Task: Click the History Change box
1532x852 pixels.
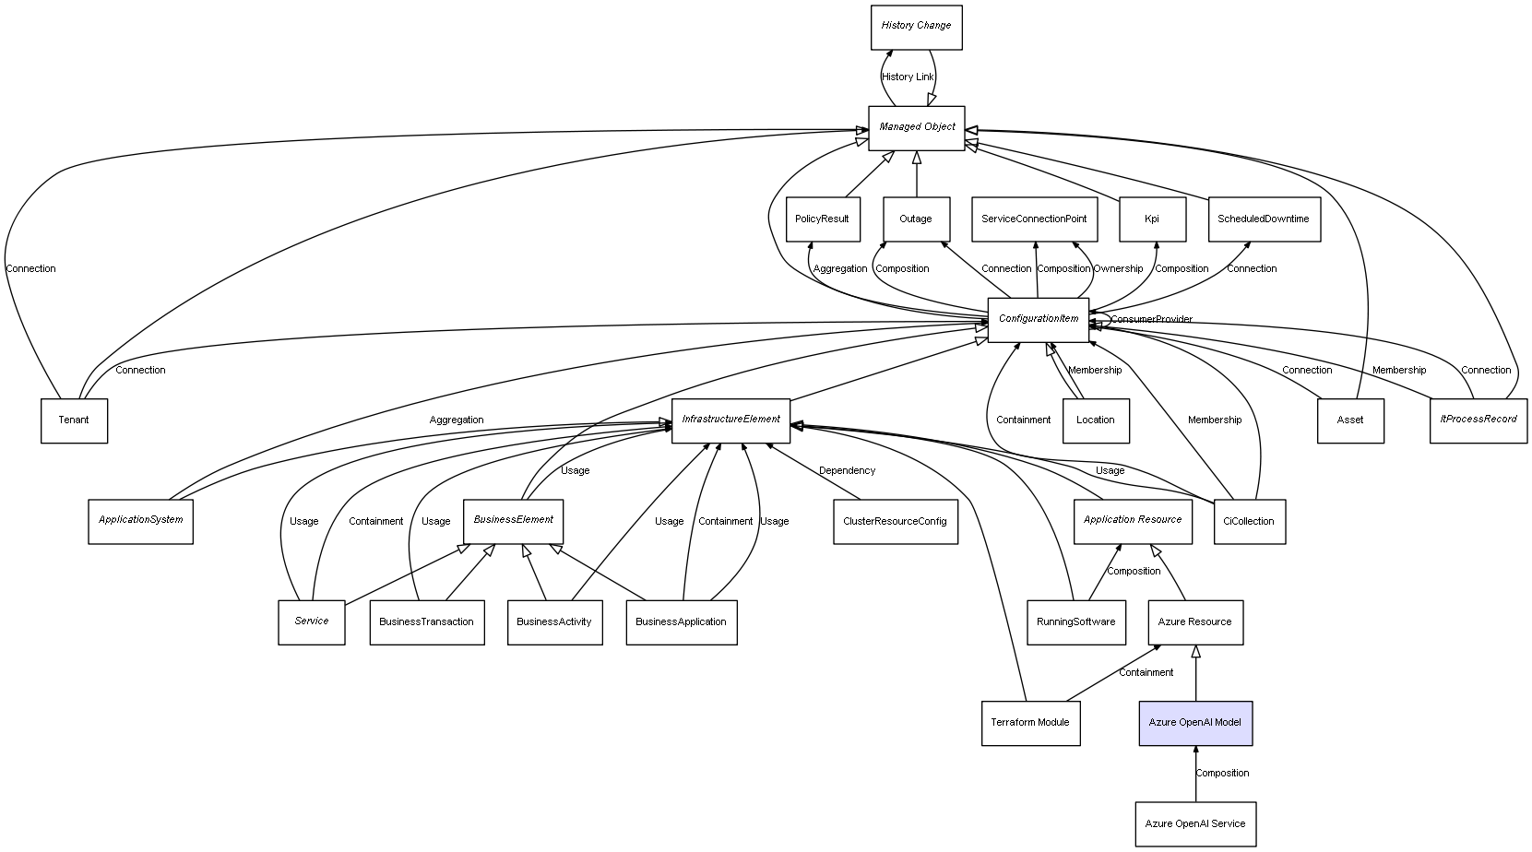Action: point(916,27)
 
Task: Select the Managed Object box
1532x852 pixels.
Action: point(916,127)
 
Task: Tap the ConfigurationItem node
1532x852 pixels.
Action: point(1038,319)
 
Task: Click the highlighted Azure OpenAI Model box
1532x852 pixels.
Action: point(1195,723)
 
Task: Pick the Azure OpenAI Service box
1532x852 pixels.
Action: point(1195,823)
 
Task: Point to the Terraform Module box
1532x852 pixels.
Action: point(1029,723)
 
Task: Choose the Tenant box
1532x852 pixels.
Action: point(74,420)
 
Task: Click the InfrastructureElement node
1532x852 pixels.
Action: point(730,420)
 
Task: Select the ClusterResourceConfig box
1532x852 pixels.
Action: point(895,522)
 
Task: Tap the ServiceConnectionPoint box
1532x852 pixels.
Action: point(1034,219)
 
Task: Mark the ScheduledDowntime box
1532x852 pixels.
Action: point(1264,219)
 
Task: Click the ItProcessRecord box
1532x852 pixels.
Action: point(1478,420)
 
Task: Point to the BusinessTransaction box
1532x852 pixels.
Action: point(426,622)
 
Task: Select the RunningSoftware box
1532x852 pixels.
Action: point(1075,622)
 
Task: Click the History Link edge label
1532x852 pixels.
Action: point(908,77)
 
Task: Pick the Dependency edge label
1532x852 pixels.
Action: point(847,471)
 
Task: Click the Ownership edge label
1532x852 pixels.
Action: point(1118,269)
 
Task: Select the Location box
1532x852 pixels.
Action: point(1095,420)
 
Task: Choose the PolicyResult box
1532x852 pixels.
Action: point(822,219)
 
